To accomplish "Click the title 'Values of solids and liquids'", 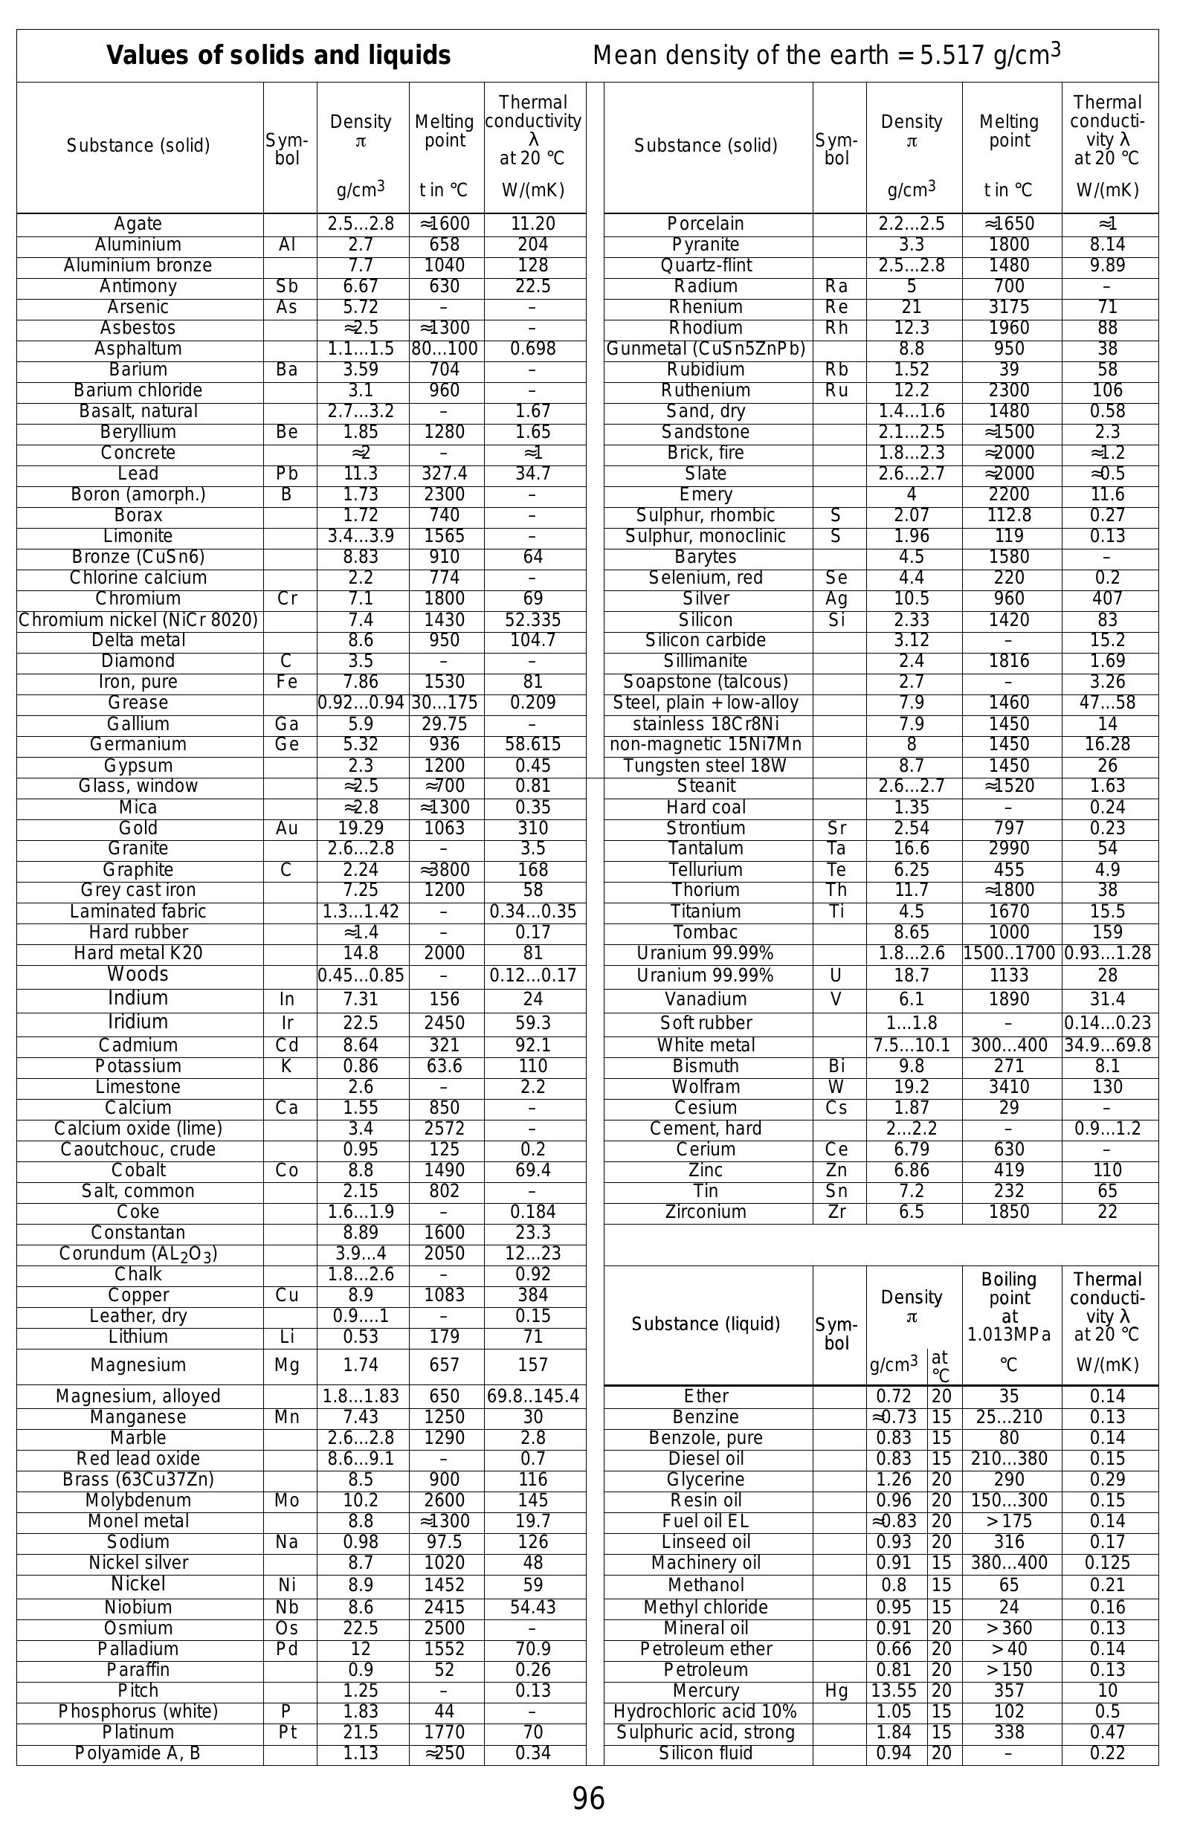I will pos(278,56).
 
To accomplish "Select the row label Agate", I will pos(138,224).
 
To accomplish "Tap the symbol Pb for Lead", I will pos(286,474).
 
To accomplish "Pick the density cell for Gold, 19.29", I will pos(361,828).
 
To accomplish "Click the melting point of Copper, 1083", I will pos(444,1294).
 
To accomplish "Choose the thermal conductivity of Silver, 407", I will pos(1106,599).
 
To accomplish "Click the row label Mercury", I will pos(706,1691).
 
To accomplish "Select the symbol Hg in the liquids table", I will pos(836,1691).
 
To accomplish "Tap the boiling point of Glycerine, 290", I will pos(1009,1479).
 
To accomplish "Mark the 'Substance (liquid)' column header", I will pos(706,1323).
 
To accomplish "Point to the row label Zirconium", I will pos(706,1211).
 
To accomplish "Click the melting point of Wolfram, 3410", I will pos(1009,1087).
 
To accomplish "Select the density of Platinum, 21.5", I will pos(361,1732).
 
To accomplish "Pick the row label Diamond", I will pos(138,661).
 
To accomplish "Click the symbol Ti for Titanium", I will pos(836,911).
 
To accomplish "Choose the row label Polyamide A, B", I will pos(138,1752).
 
